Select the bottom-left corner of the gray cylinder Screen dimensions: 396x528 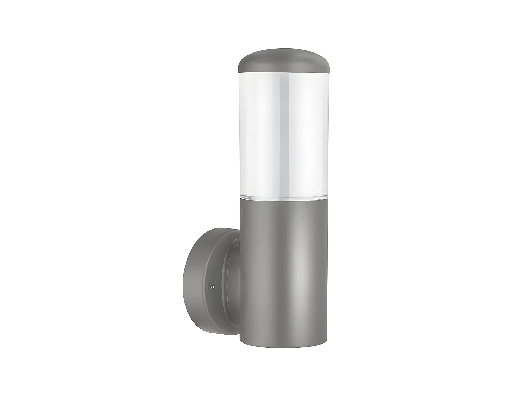point(241,341)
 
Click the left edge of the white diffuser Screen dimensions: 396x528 point(240,134)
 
